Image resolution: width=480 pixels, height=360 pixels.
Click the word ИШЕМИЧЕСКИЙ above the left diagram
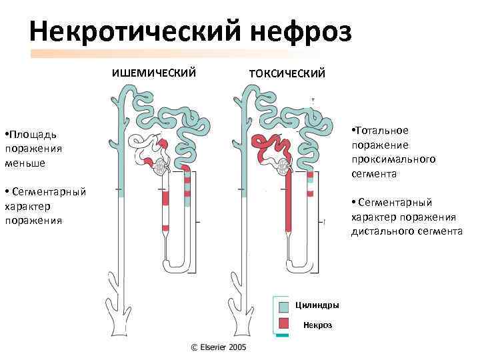tap(153, 73)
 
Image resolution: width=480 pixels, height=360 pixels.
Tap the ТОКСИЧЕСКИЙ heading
tap(287, 73)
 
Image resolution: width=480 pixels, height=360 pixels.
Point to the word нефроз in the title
tap(302, 30)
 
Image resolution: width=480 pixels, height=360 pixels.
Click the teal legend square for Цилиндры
tap(283, 306)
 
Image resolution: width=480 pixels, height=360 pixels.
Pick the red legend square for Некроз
tap(283, 324)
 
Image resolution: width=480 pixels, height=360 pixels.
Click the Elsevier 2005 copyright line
tap(219, 347)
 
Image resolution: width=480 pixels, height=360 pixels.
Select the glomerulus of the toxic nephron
tap(283, 166)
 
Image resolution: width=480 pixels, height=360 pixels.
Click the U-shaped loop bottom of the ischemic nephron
tap(176, 268)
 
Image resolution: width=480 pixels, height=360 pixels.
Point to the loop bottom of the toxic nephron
tap(299, 268)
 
